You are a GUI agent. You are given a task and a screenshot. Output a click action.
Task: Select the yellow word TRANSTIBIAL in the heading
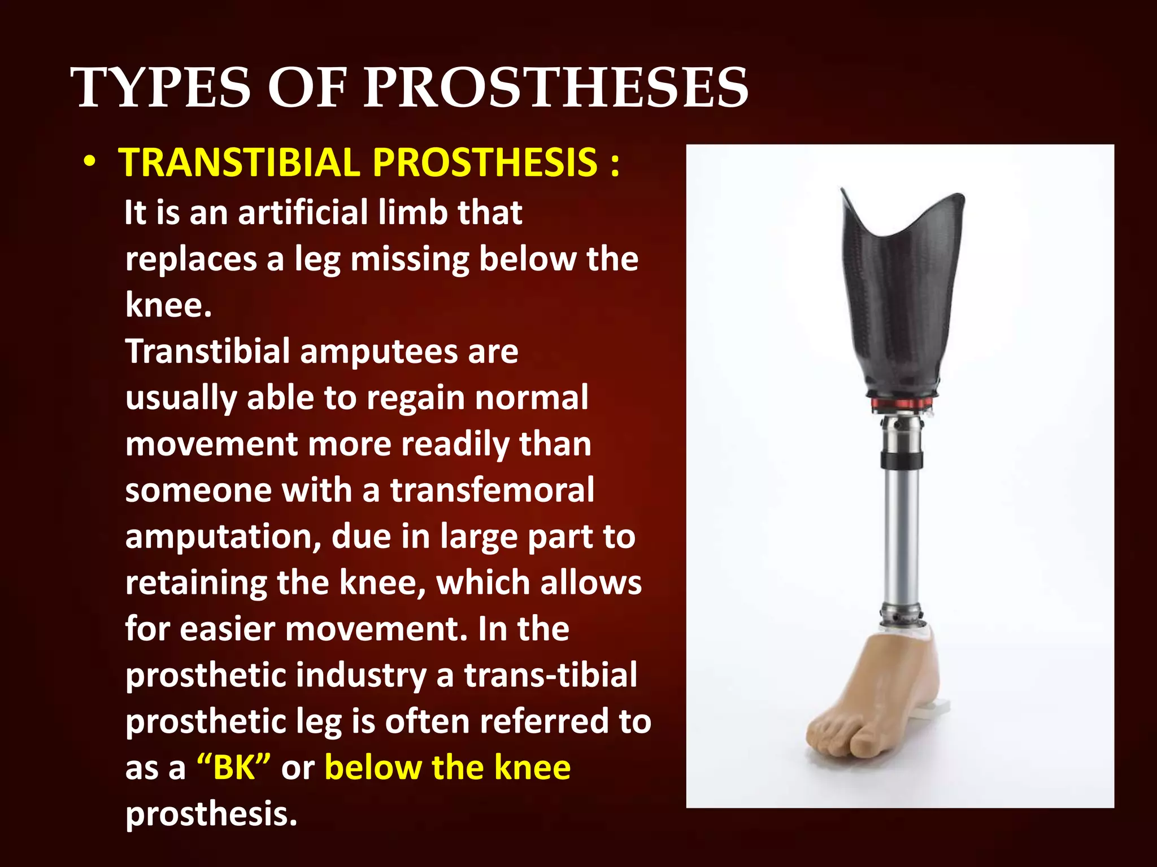coord(239,163)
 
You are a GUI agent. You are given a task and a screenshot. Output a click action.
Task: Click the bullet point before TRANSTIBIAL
coord(89,163)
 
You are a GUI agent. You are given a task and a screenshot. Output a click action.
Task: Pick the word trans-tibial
coord(551,675)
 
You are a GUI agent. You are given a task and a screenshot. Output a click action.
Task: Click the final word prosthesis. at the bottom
coord(211,814)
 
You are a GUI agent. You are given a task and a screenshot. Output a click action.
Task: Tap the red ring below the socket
coord(902,403)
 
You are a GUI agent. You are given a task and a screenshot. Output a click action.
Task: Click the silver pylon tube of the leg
coord(901,536)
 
